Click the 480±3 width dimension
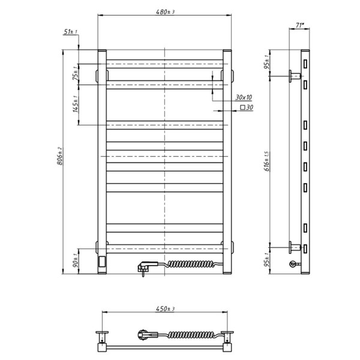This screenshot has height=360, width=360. click(165, 12)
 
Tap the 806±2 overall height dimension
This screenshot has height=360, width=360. click(59, 156)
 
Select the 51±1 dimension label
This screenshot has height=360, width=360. click(70, 32)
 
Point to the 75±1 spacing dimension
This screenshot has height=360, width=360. click(76, 73)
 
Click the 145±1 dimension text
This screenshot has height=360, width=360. click(76, 104)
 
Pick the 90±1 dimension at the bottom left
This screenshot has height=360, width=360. click(76, 260)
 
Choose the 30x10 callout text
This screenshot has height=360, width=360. click(244, 97)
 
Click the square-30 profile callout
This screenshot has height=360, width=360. click(247, 107)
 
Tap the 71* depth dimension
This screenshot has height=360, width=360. click(299, 25)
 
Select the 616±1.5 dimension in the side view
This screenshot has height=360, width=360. click(267, 161)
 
